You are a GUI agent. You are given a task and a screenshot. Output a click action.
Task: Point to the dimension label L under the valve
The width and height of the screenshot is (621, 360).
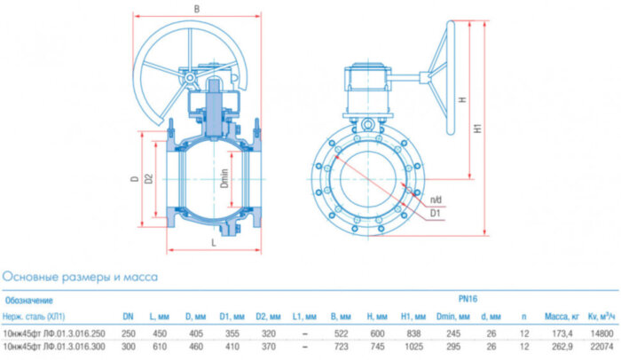(214, 240)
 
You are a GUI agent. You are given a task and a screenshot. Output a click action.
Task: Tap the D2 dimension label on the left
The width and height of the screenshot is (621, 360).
(149, 178)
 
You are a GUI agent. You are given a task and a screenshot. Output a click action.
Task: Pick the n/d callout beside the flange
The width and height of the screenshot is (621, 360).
(436, 199)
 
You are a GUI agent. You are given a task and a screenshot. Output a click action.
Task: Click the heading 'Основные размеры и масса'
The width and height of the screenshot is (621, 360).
(80, 277)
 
